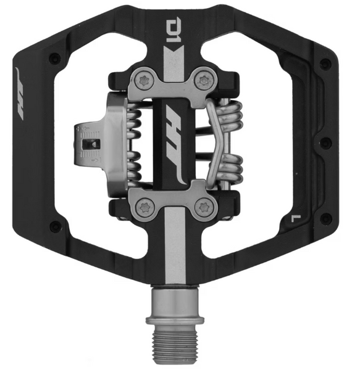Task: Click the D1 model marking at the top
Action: pyautogui.click(x=174, y=31)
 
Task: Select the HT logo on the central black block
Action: pyautogui.click(x=174, y=143)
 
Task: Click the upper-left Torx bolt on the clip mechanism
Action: pyautogui.click(x=144, y=81)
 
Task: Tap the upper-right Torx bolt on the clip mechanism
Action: pyautogui.click(x=204, y=81)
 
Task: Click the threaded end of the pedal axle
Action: pyautogui.click(x=175, y=345)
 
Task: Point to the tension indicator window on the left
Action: pyautogui.click(x=91, y=144)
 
